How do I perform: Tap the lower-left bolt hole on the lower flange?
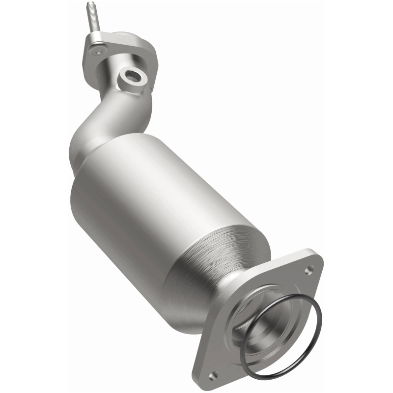click(213, 375)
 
